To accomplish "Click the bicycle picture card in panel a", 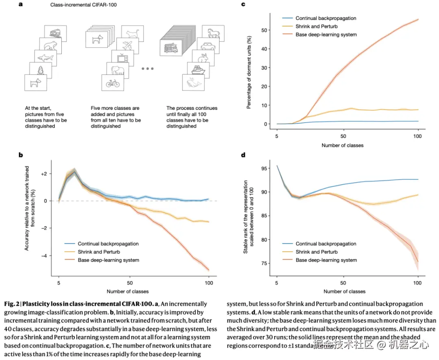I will pyautogui.click(x=113, y=84).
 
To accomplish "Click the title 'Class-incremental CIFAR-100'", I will pyautogui.click(x=78, y=5).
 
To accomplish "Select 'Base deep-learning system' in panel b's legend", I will pyautogui.click(x=108, y=260).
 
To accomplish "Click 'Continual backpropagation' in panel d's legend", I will pyautogui.click(x=326, y=244).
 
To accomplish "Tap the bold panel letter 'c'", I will pyautogui.click(x=243, y=5).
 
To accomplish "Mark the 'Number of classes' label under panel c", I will pyautogui.click(x=342, y=145).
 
